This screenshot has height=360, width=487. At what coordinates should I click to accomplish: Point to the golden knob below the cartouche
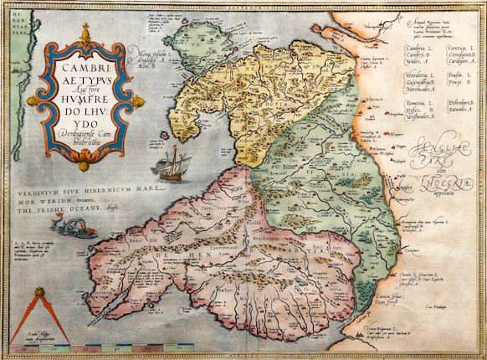84,163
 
